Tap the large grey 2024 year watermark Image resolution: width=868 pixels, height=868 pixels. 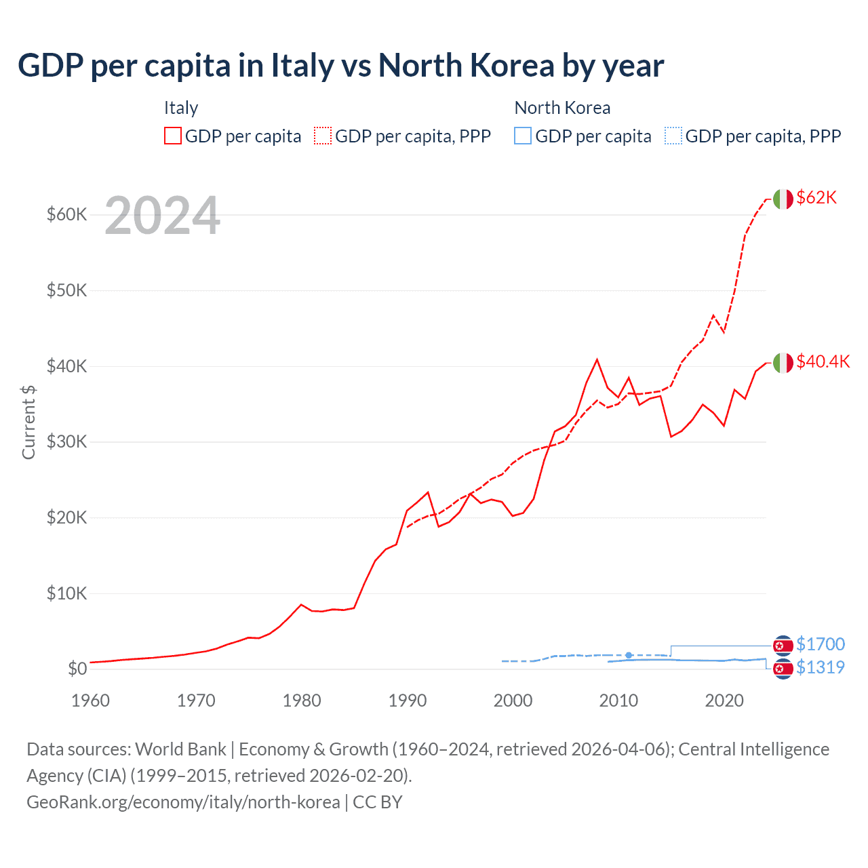pos(162,216)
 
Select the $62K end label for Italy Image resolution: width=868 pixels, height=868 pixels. pos(816,197)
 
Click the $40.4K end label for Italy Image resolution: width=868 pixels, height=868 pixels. pos(823,361)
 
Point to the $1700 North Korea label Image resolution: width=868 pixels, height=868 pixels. pos(821,644)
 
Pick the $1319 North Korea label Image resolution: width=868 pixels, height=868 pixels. pos(821,667)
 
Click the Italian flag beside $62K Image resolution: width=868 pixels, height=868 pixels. pos(783,199)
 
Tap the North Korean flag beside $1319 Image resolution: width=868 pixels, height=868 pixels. pos(783,669)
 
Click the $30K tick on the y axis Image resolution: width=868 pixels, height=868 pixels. pos(66,442)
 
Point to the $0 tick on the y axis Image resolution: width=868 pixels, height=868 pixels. pos(77,669)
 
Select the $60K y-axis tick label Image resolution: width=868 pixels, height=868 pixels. pos(66,215)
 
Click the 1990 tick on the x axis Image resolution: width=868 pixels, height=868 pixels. pos(407,701)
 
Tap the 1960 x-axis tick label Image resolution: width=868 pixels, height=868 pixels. pos(90,701)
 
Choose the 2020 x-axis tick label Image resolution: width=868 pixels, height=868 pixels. pos(724,701)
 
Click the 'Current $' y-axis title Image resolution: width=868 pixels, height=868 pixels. pos(28,422)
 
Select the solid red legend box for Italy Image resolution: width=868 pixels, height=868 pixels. pos(173,136)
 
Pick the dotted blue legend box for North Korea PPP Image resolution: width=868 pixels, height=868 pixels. pos(673,136)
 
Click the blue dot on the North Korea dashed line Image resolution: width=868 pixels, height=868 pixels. pos(629,655)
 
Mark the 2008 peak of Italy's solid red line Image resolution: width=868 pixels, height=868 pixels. pos(597,359)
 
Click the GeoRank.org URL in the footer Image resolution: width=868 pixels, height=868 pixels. pos(183,802)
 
